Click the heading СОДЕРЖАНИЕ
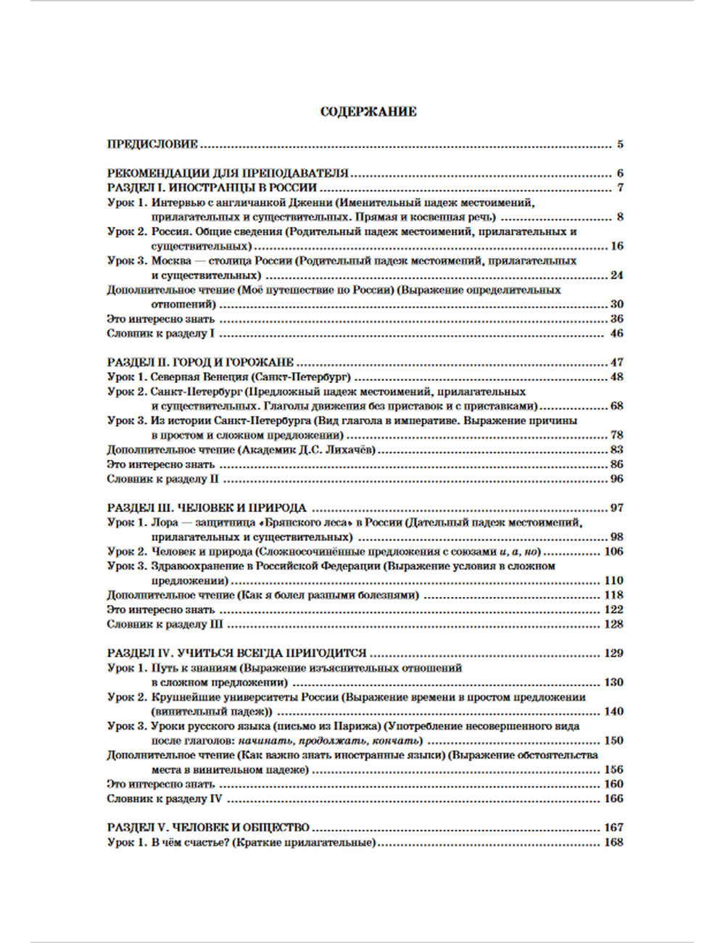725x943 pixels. (368, 112)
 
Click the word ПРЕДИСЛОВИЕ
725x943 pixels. (152, 144)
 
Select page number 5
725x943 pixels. (620, 144)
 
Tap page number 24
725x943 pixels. (616, 276)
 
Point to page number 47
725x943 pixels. (616, 363)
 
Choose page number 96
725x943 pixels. (616, 479)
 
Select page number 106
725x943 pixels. (613, 551)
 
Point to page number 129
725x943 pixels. (613, 653)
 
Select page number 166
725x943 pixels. (613, 799)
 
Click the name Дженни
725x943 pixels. (312, 203)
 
